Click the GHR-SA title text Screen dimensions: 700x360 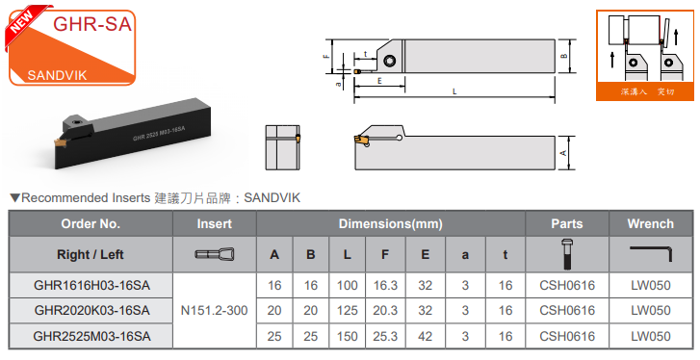92,23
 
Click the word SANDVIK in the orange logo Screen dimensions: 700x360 57,75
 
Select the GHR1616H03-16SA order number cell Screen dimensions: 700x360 91,286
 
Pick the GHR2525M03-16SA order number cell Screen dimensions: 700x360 91,336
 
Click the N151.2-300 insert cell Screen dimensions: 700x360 215,311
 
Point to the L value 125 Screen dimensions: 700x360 348,311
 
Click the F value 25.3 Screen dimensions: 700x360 385,336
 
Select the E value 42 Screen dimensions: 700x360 425,336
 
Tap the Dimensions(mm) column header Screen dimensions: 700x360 391,224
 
